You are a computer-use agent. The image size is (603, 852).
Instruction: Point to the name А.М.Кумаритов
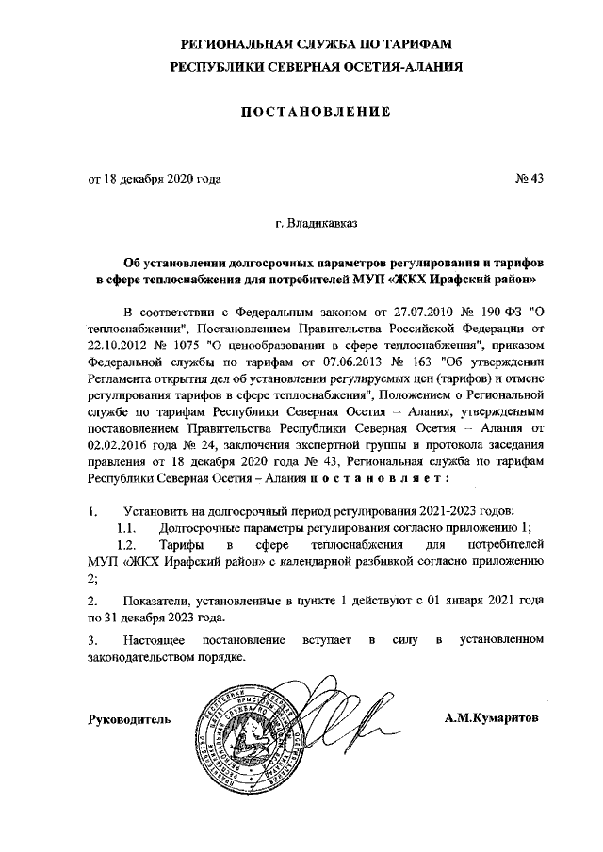(494, 718)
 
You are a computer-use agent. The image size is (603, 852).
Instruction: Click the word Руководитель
(129, 719)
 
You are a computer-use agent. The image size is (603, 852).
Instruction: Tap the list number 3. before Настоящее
(92, 640)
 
